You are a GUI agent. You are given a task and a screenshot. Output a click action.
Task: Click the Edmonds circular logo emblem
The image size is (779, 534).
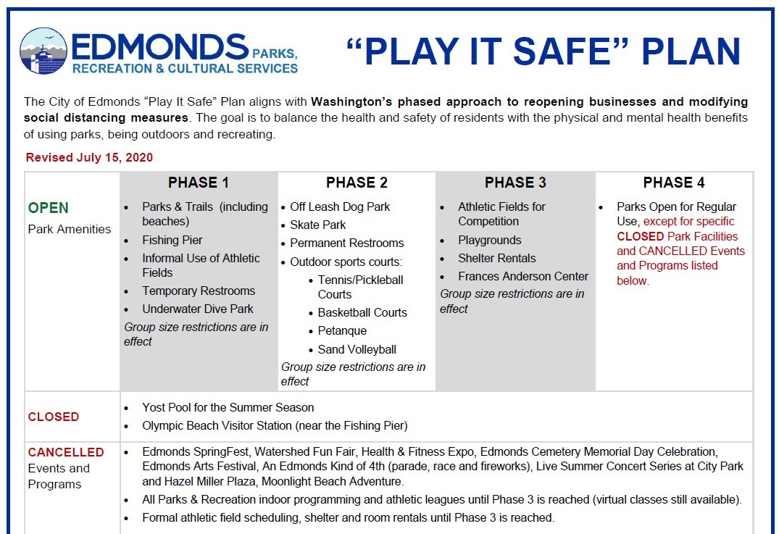pyautogui.click(x=43, y=51)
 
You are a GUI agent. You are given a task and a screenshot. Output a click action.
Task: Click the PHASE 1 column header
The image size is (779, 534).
pyautogui.click(x=199, y=183)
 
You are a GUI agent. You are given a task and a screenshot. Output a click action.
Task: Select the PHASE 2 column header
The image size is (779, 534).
pyautogui.click(x=357, y=183)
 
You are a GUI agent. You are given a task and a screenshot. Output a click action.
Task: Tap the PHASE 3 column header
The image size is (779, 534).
pyautogui.click(x=515, y=183)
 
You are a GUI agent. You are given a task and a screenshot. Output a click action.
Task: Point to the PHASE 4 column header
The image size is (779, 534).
pyautogui.click(x=674, y=183)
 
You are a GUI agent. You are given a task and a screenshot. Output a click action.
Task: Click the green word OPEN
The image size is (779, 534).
pyautogui.click(x=49, y=208)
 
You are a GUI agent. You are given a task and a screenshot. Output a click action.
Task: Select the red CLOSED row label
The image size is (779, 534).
pyautogui.click(x=54, y=417)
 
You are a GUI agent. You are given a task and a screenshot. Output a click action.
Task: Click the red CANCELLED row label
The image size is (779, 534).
pyautogui.click(x=66, y=452)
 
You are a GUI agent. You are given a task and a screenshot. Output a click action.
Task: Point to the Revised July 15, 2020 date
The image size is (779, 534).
pyautogui.click(x=89, y=157)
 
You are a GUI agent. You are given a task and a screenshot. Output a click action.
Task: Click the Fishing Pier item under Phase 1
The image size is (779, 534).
pyautogui.click(x=172, y=240)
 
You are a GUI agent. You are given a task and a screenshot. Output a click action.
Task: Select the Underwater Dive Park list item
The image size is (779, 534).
pyautogui.click(x=198, y=309)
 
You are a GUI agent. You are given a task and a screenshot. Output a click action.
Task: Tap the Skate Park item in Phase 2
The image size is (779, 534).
pyautogui.click(x=318, y=225)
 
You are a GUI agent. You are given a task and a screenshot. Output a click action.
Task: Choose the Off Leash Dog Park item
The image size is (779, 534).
pyautogui.click(x=340, y=206)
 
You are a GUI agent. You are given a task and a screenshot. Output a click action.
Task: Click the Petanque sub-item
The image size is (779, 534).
pyautogui.click(x=342, y=330)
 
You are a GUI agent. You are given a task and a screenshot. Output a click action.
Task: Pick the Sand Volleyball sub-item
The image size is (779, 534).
pyautogui.click(x=357, y=349)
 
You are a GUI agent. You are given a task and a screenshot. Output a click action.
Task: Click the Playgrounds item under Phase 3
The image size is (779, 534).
pyautogui.click(x=489, y=240)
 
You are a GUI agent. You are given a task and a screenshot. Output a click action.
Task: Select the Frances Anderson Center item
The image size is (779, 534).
pyautogui.click(x=523, y=276)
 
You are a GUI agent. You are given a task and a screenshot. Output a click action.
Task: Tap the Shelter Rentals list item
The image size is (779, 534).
pyautogui.click(x=497, y=258)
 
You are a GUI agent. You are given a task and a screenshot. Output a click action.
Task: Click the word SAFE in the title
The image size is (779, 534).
pyautogui.click(x=543, y=52)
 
